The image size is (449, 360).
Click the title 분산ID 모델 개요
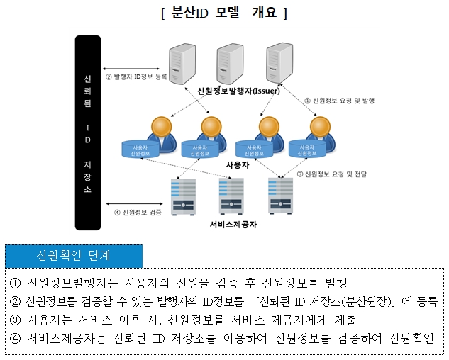click(x=223, y=13)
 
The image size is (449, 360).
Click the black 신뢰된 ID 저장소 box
click(x=87, y=133)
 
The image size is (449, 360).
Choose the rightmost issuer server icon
click(x=278, y=63)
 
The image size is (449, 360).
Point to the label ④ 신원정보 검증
click(x=138, y=211)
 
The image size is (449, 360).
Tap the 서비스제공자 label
click(x=233, y=225)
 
